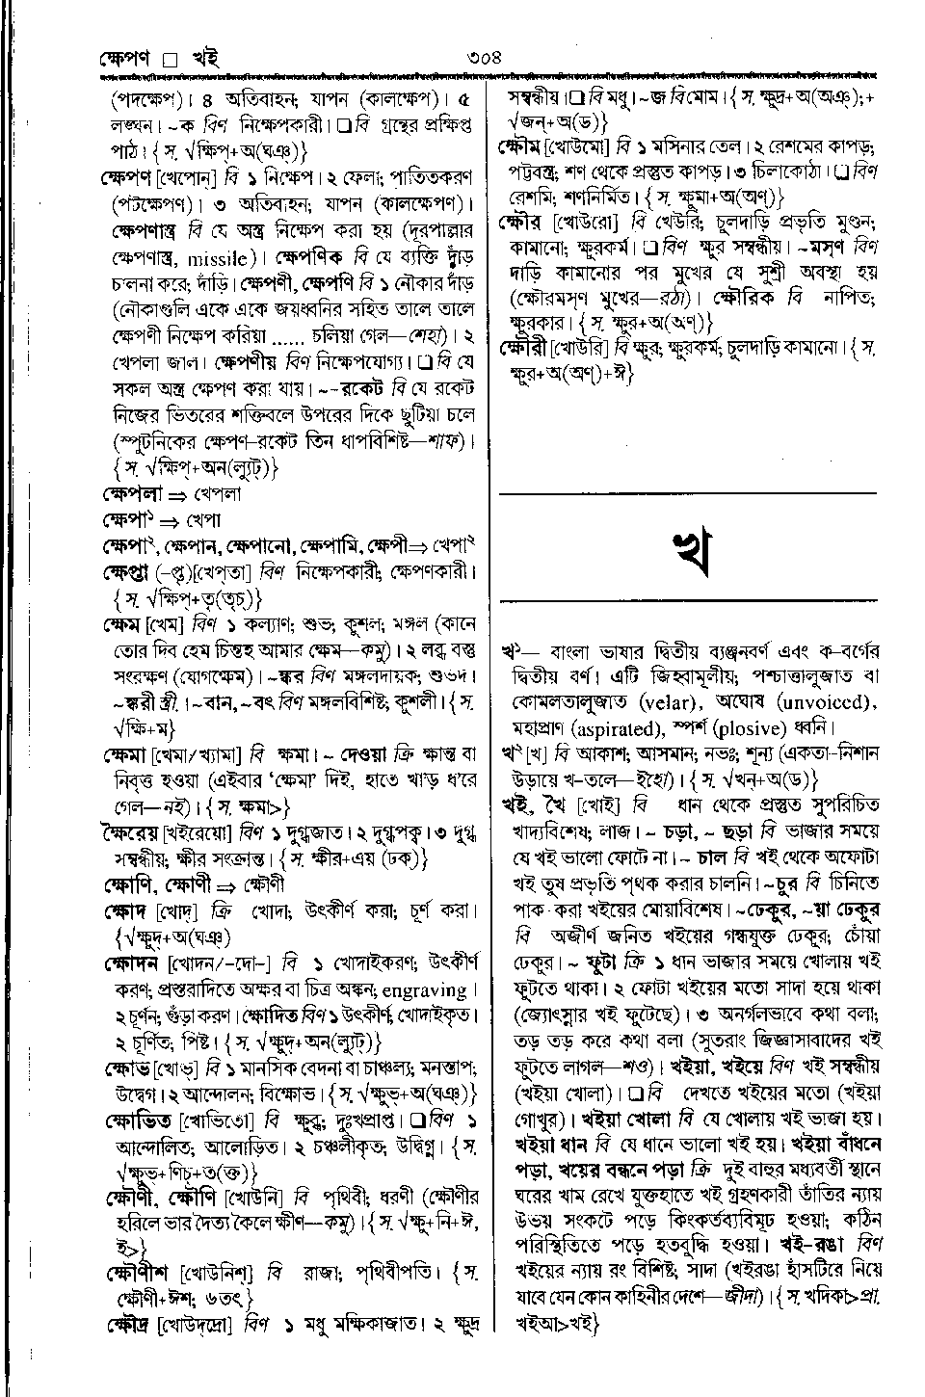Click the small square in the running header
172,58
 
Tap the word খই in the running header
205,57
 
